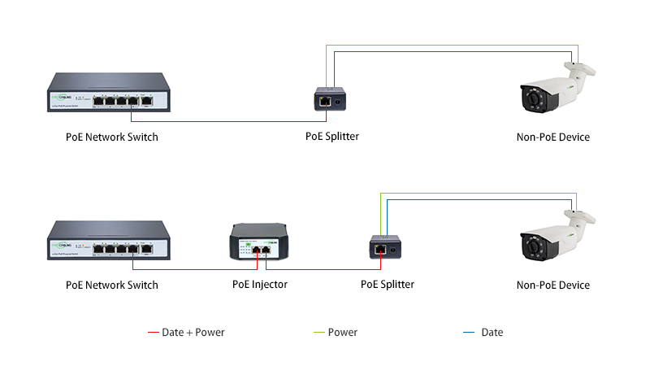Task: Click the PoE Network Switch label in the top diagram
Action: point(112,137)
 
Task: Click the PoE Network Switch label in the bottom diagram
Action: point(112,285)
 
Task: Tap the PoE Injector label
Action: point(260,285)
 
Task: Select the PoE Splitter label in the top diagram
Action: point(332,137)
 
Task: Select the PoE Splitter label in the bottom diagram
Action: point(388,285)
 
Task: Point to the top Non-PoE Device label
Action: point(553,137)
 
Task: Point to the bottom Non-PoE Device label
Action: point(553,285)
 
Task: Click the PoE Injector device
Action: point(260,243)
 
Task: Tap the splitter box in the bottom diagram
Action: point(386,247)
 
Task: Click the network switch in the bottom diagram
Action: point(108,241)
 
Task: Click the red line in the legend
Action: point(153,333)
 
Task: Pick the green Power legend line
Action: point(318,333)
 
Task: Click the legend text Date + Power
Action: point(193,333)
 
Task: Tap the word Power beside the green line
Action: point(343,333)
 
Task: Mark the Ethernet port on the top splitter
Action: point(325,102)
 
